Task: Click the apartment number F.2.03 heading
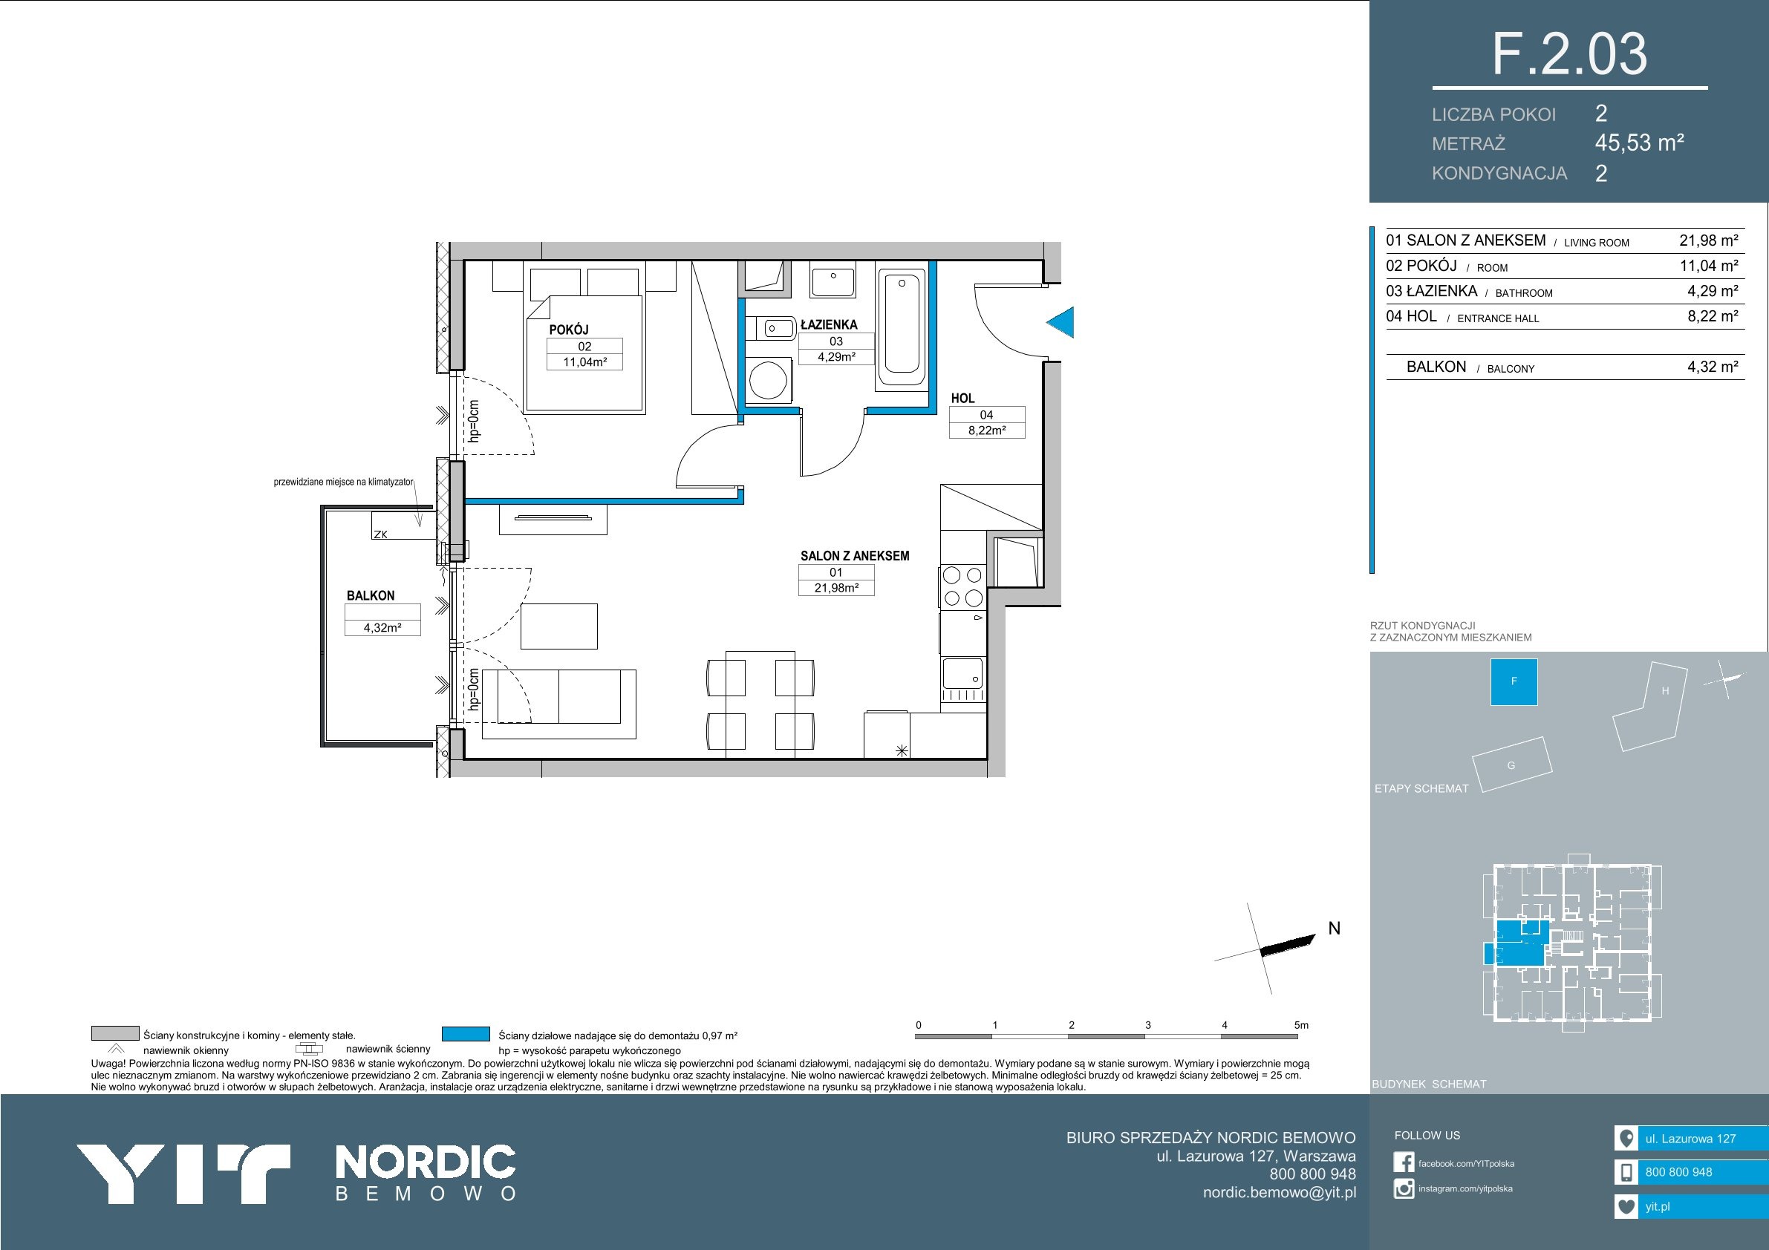[1569, 54]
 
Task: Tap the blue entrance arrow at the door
[1062, 322]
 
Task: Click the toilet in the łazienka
[772, 329]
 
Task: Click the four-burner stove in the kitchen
[962, 586]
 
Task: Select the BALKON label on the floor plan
[371, 595]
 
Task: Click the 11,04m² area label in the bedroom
[584, 362]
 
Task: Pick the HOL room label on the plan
[963, 398]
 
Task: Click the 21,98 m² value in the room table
[1709, 240]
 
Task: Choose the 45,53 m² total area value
[1640, 143]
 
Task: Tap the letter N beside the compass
[1335, 929]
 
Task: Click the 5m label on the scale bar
[1301, 1025]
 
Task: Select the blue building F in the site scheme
[1514, 681]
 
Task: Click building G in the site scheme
[1511, 764]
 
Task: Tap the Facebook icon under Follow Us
[1404, 1162]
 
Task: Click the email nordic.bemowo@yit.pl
[1280, 1193]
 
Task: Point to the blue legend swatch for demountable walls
[466, 1034]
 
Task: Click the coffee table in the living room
[559, 627]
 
